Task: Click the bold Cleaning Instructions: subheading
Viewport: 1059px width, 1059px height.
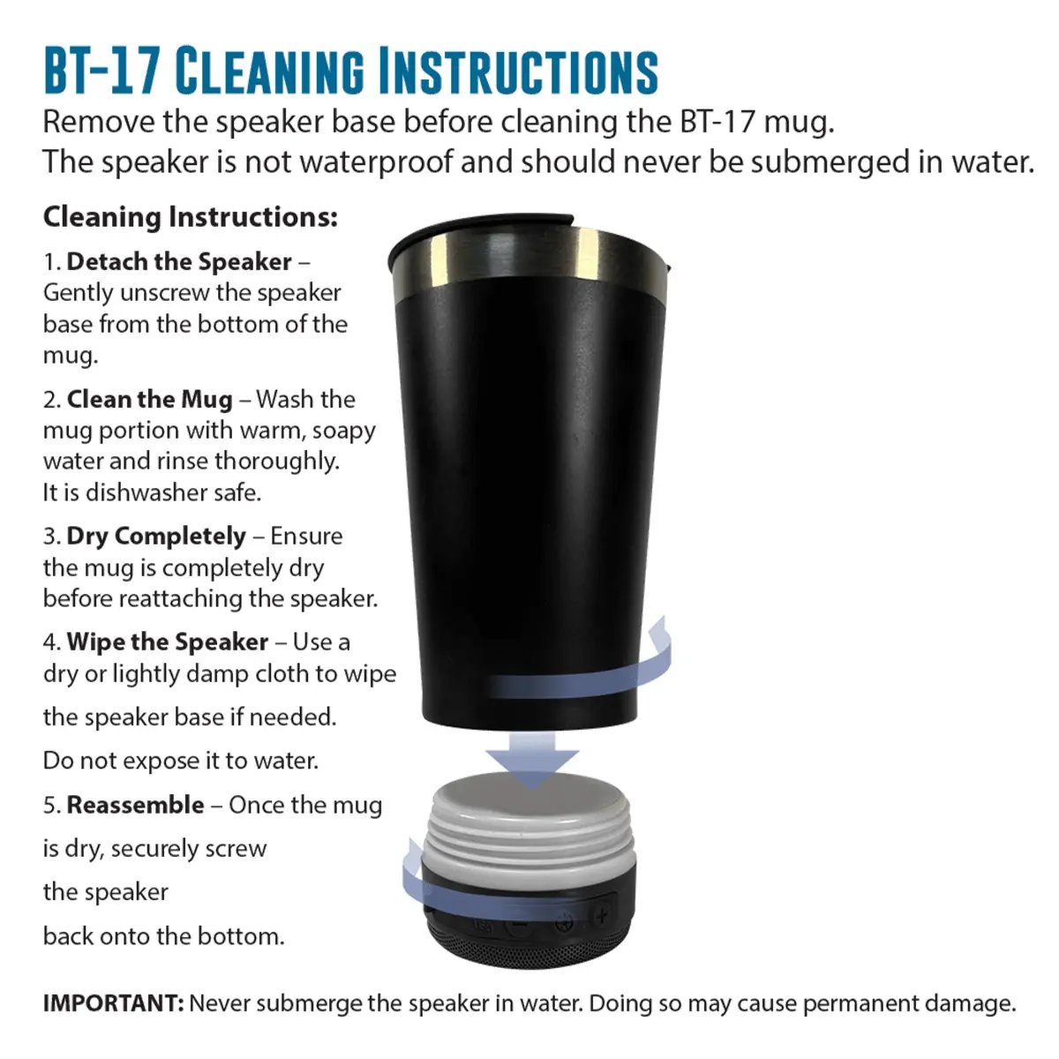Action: coord(190,217)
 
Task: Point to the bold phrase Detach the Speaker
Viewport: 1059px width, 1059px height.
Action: coord(179,261)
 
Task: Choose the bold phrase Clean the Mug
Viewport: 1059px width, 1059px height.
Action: coord(149,400)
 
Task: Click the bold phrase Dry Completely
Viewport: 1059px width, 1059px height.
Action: coord(156,537)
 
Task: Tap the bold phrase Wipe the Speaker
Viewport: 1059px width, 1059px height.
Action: coord(168,642)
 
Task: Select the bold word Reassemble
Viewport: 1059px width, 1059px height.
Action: coord(136,805)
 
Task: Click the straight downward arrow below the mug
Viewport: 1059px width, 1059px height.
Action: coord(531,761)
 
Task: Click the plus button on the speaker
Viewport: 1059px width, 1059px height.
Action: coord(602,915)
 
